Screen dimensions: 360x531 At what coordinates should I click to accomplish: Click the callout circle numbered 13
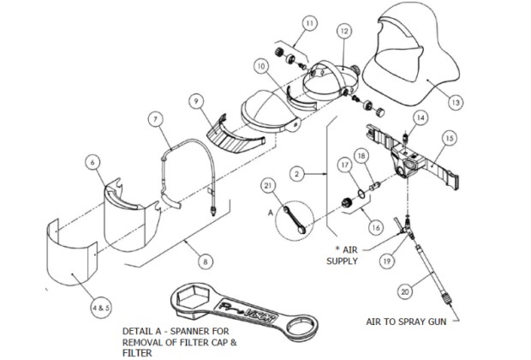(456, 102)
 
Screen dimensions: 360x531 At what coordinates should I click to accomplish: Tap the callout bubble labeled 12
(343, 31)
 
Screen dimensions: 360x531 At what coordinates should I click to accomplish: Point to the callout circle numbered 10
(261, 66)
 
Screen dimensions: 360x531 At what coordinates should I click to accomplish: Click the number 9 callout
(197, 102)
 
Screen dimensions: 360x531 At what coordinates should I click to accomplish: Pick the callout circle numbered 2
(296, 171)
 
